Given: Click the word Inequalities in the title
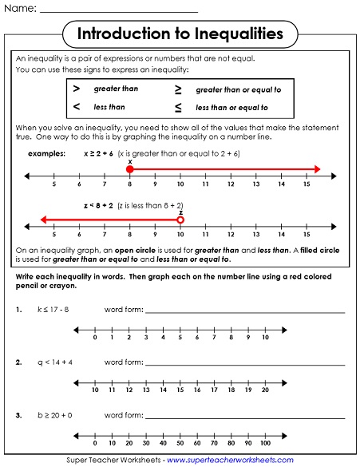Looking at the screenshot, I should tap(231, 34).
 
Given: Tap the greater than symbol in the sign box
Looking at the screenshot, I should tap(77, 89).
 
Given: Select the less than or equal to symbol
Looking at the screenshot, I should tap(178, 107).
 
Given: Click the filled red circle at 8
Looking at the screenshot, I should tap(129, 169).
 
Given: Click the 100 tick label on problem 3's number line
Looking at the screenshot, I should tap(266, 443).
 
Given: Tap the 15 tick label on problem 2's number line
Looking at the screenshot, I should tap(180, 390).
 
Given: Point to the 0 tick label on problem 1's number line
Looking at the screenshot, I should tap(95, 338).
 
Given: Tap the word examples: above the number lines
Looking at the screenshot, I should tap(46, 152).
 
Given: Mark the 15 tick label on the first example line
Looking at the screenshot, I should tap(307, 184).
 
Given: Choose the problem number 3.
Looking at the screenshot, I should tap(18, 415).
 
